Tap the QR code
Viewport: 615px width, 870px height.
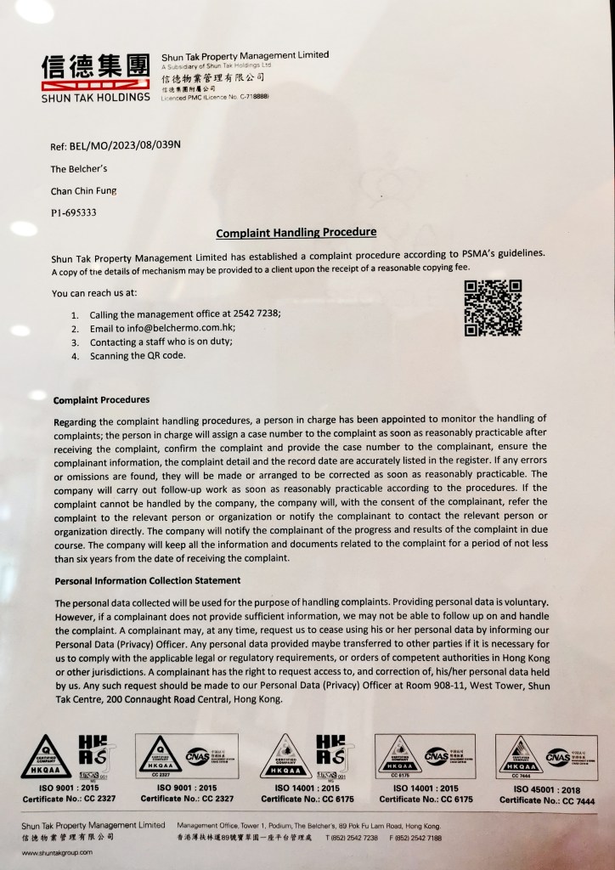[493, 308]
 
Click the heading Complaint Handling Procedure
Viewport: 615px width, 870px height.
[296, 231]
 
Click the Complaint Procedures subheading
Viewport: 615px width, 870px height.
[102, 399]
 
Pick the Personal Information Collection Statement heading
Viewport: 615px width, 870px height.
[147, 580]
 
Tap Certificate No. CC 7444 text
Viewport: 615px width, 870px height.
[546, 801]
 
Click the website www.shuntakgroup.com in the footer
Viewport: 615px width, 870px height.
[58, 851]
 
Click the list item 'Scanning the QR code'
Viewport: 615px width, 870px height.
[138, 355]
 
